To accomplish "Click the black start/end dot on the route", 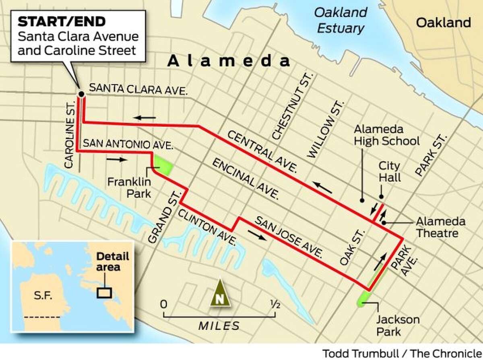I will pyautogui.click(x=81, y=94).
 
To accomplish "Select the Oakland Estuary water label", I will pyautogui.click(x=341, y=20).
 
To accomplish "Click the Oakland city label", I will pyautogui.click(x=443, y=23).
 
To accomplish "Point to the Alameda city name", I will pyautogui.click(x=229, y=61).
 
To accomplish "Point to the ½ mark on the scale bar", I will pyautogui.click(x=275, y=304).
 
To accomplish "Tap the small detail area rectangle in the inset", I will pyautogui.click(x=104, y=292).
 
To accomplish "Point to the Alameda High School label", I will pyautogui.click(x=386, y=135).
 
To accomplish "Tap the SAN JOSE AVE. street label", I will pyautogui.click(x=289, y=237).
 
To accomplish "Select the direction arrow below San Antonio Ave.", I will pyautogui.click(x=117, y=159).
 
